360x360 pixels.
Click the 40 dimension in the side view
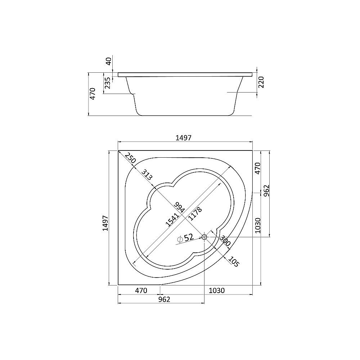(108, 61)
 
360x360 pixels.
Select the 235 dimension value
(108, 84)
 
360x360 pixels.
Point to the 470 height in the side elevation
(93, 94)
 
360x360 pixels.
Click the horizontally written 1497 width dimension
(185, 138)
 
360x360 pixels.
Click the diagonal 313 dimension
(146, 175)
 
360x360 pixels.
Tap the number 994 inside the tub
(179, 208)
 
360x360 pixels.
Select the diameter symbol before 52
(180, 238)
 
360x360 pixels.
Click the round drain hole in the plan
(204, 237)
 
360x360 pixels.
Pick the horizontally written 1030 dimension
(216, 291)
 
